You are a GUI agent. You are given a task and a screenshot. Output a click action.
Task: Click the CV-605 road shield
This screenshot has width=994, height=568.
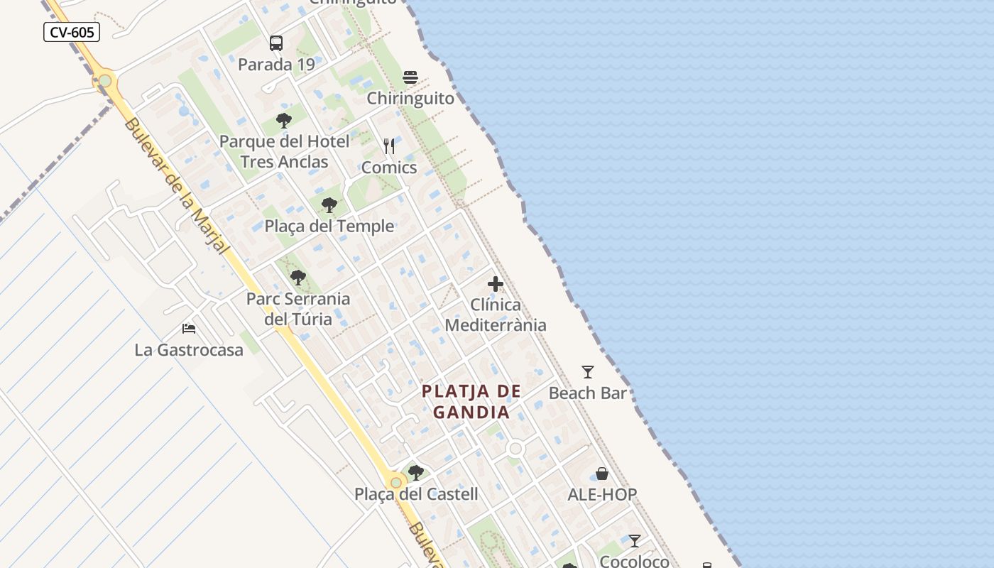pos(72,32)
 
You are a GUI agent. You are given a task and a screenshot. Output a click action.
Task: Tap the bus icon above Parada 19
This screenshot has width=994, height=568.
pos(276,43)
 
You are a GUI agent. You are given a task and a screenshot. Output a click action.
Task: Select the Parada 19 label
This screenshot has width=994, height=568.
pos(276,65)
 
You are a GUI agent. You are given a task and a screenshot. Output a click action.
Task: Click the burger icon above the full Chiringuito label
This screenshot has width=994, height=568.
pos(410,77)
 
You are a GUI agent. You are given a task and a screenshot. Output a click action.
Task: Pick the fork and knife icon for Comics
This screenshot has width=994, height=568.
pos(389,146)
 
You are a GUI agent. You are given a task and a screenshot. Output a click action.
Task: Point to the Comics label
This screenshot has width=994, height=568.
pos(389,168)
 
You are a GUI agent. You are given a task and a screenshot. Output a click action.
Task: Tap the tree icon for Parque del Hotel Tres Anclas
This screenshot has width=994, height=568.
pos(284,121)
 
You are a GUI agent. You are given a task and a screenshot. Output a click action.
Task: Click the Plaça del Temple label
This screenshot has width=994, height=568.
pos(329,226)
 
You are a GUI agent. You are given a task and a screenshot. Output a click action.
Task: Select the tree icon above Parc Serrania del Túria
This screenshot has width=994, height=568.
pos(298,278)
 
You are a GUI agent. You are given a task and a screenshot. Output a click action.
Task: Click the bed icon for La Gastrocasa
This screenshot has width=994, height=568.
pos(189,329)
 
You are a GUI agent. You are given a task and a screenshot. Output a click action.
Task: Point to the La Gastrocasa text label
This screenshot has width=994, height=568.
pos(189,350)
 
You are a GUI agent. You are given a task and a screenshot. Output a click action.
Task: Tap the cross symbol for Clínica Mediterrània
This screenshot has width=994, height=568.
pos(496,285)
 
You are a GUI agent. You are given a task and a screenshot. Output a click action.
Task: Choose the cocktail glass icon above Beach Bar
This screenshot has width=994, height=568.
pos(588,372)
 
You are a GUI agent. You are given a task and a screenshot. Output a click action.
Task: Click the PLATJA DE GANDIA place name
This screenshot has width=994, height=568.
pos(472,401)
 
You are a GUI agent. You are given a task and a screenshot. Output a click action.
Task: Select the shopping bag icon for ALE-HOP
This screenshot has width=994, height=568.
pos(602,474)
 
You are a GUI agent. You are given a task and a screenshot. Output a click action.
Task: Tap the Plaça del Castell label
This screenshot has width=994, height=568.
pos(416,494)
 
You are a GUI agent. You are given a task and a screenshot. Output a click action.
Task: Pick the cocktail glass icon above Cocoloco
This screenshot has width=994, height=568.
pos(635,541)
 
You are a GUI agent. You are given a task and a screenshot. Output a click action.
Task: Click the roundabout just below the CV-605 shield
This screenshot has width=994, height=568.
pos(105,81)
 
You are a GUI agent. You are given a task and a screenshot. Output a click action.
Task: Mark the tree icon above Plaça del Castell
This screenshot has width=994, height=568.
pos(416,473)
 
